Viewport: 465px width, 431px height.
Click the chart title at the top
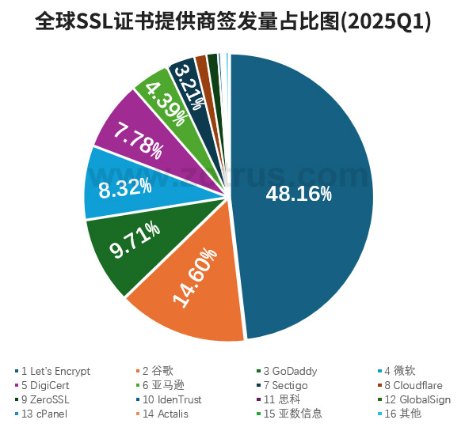(233, 21)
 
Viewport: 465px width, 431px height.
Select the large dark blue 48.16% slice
(309, 158)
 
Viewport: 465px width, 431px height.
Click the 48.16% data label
(299, 194)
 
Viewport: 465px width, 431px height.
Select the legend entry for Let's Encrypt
(55, 371)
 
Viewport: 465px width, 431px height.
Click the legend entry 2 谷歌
(158, 371)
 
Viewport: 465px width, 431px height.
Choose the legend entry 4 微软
(399, 371)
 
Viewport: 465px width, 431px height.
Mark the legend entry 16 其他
(403, 414)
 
